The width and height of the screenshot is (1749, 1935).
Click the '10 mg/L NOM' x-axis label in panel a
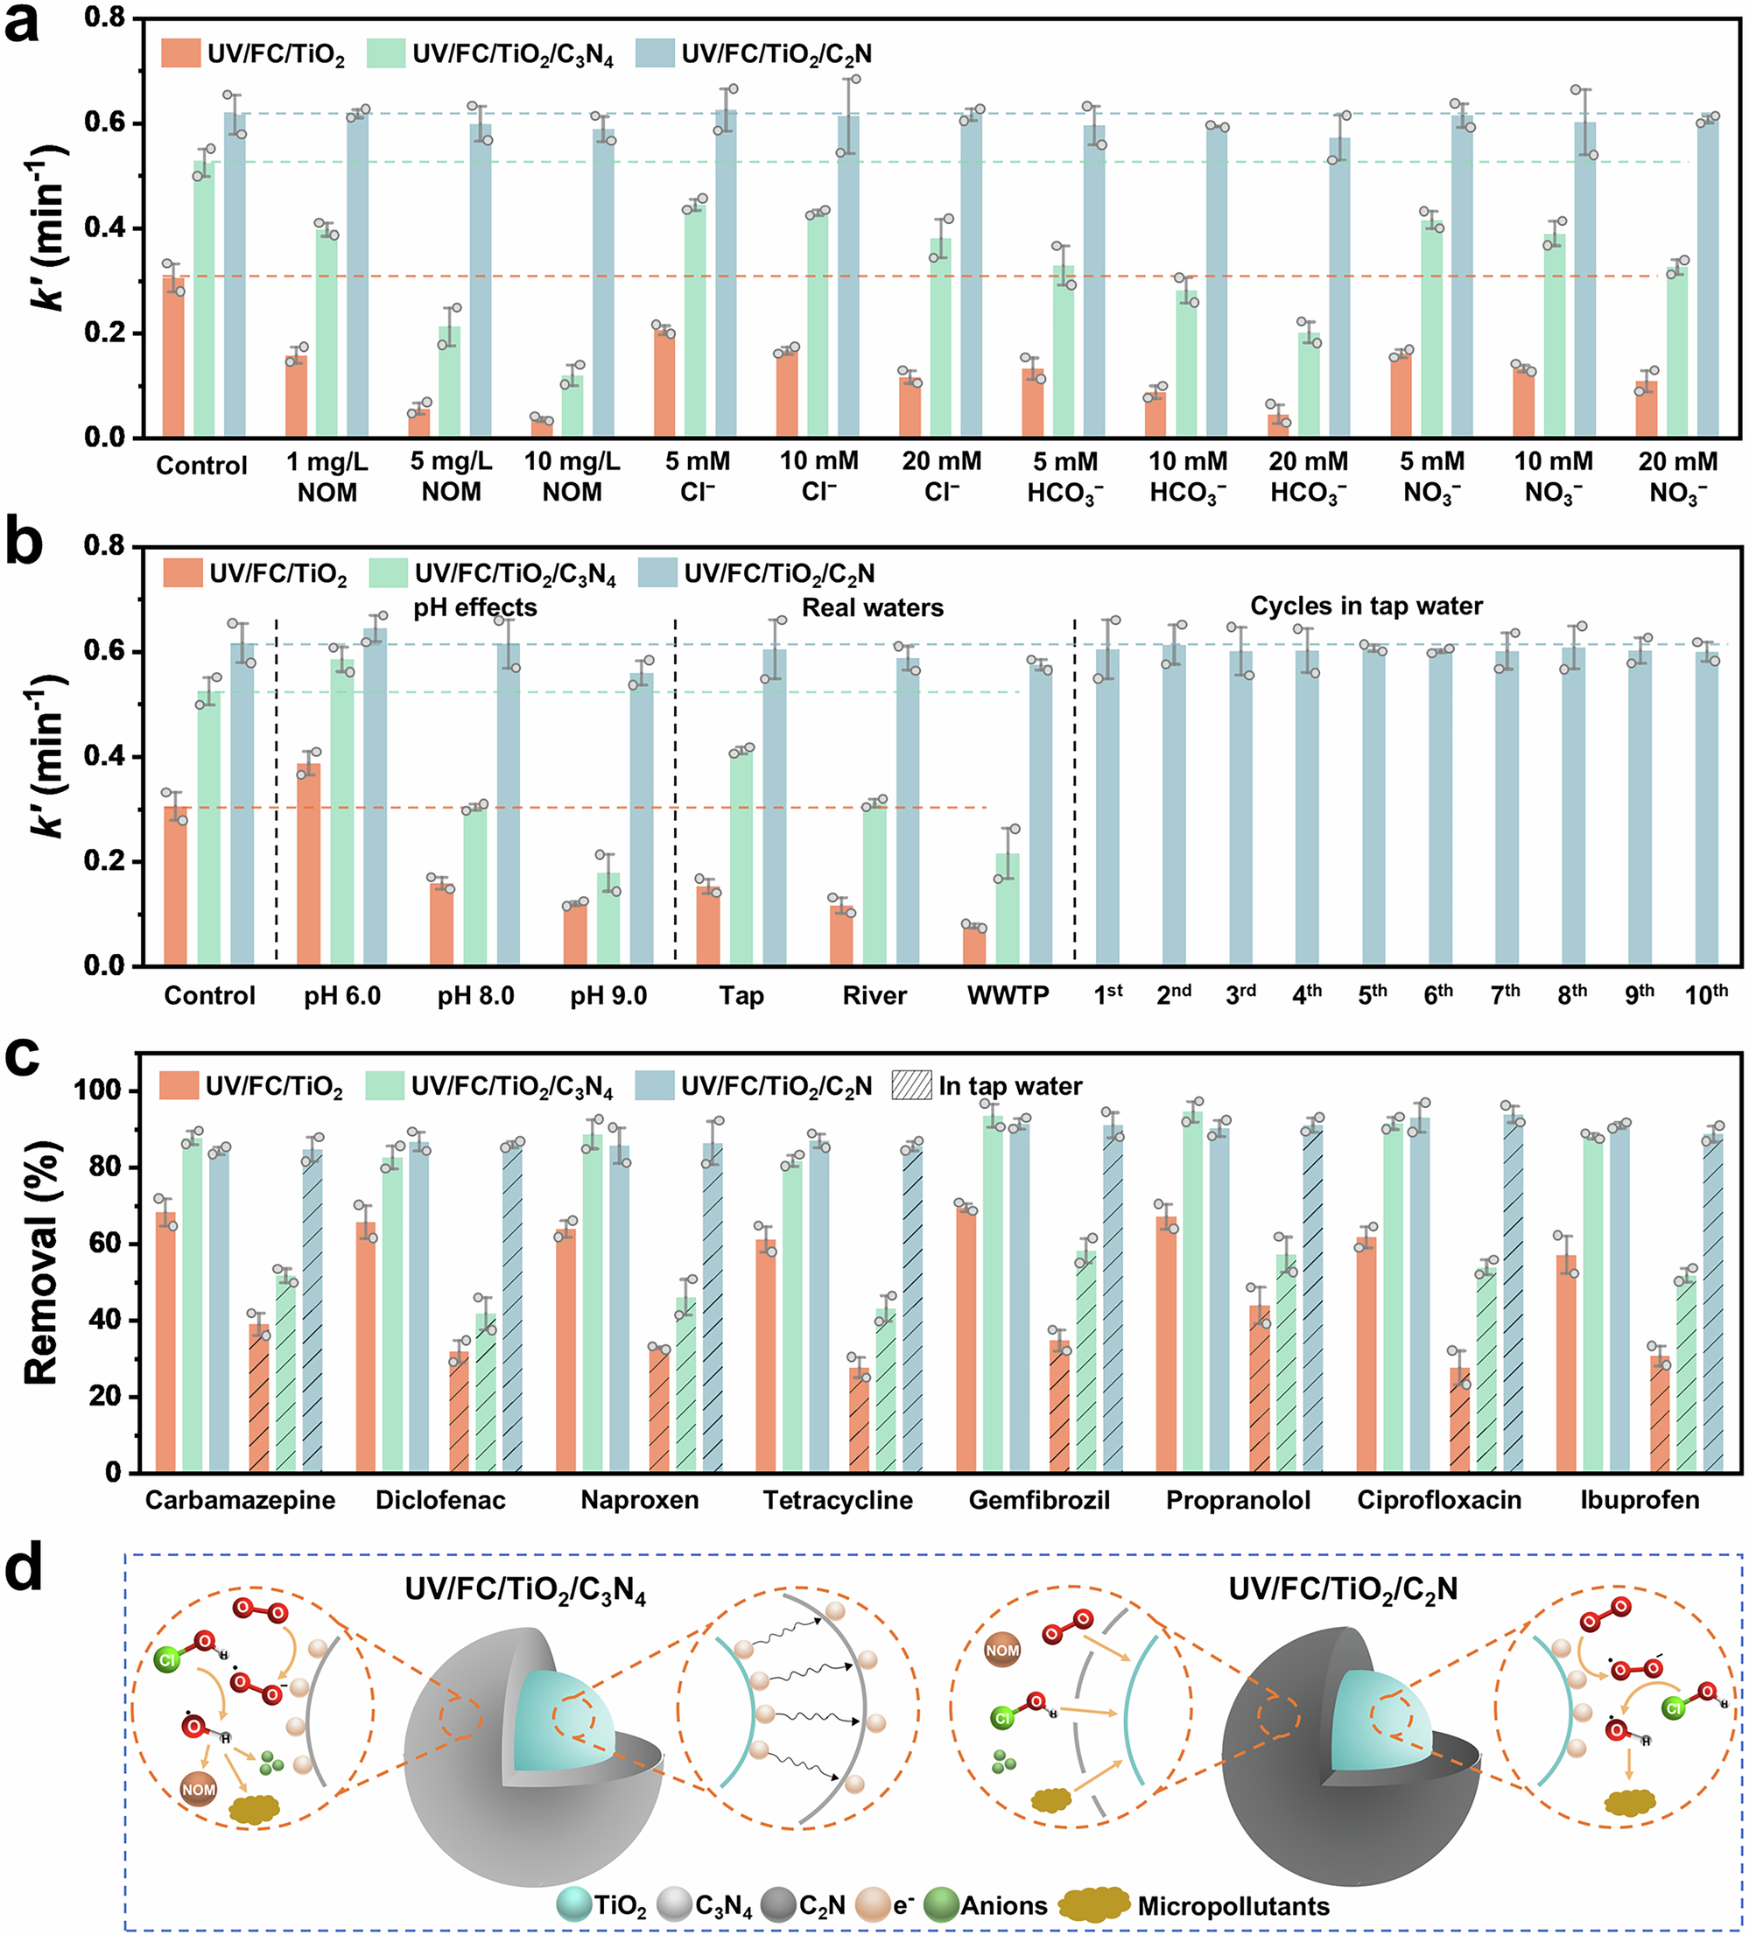click(x=572, y=476)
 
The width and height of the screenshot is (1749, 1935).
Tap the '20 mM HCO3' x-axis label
click(x=1309, y=477)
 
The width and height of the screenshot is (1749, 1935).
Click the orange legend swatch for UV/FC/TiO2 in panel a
click(x=180, y=53)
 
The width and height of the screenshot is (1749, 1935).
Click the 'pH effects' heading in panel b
click(x=475, y=607)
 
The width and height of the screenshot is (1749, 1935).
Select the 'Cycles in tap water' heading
click(x=1366, y=606)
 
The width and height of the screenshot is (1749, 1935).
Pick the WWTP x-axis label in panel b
click(x=1008, y=995)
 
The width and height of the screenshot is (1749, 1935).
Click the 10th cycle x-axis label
click(x=1706, y=994)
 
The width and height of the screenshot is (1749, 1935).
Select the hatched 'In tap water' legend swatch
click(x=912, y=1085)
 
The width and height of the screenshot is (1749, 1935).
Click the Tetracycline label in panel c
click(x=837, y=1500)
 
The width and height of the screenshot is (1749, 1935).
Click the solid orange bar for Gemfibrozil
click(x=966, y=1340)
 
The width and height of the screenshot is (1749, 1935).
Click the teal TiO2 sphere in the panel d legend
click(x=573, y=1904)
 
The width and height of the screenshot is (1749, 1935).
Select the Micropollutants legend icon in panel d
click(x=1093, y=1904)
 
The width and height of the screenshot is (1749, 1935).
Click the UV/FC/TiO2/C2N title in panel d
click(x=1343, y=1589)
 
